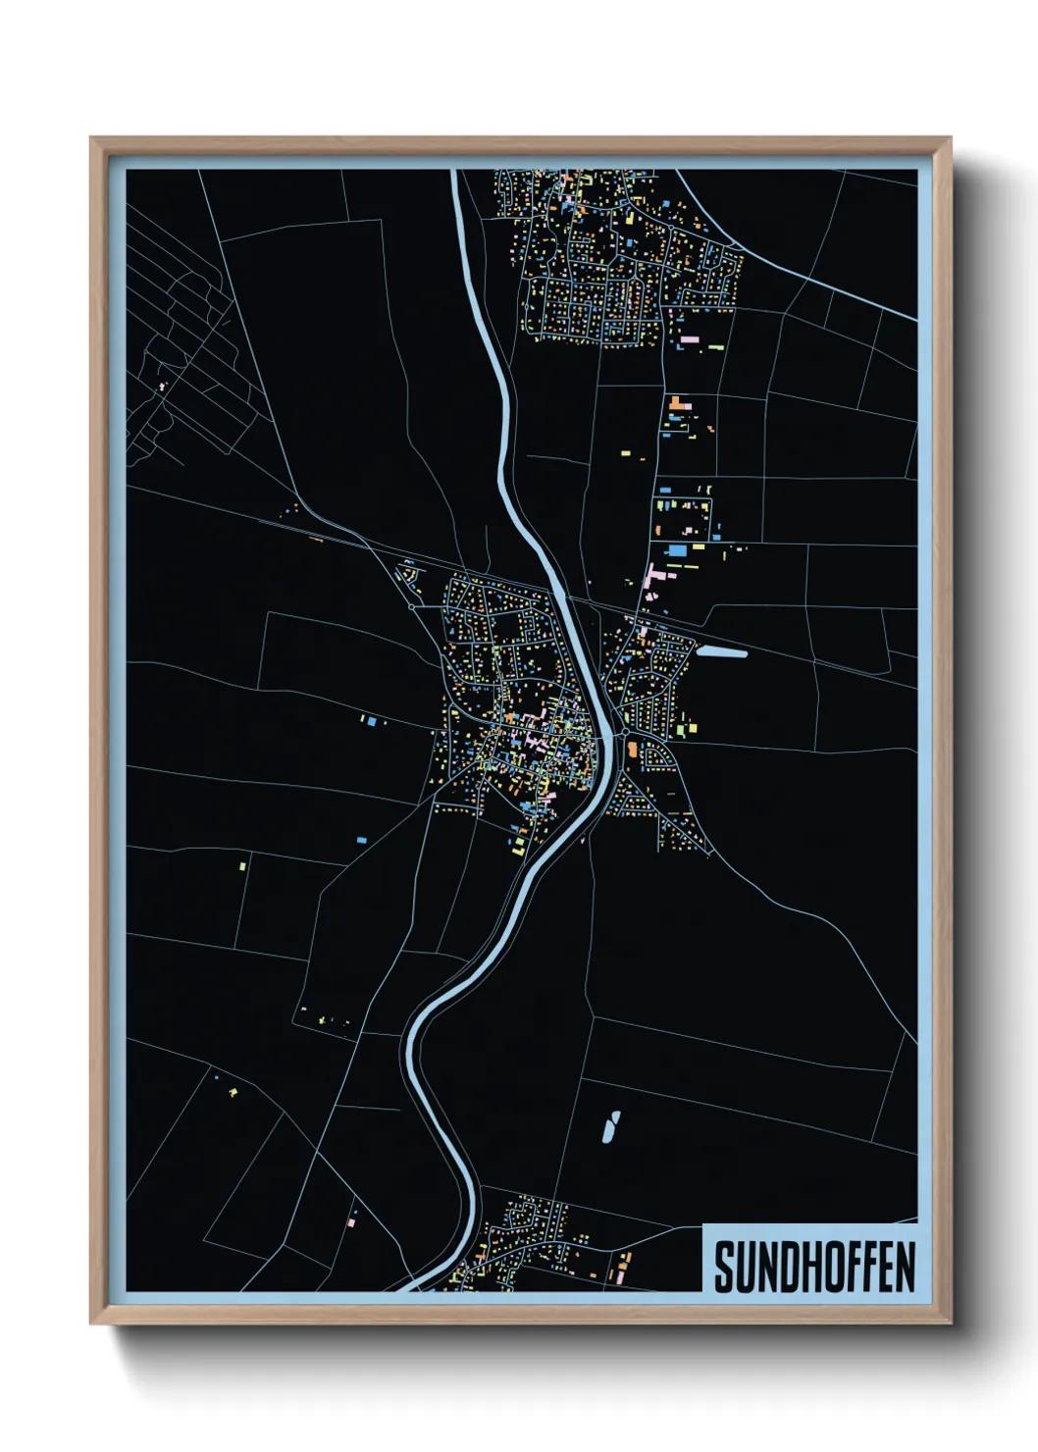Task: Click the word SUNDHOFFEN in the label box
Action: pyautogui.click(x=813, y=1267)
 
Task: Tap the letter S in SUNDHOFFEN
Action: pyautogui.click(x=724, y=1267)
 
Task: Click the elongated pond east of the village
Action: pyautogui.click(x=723, y=651)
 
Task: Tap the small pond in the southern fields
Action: pyautogui.click(x=610, y=1127)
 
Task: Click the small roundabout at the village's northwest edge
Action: pyautogui.click(x=411, y=607)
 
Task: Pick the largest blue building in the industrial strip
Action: pyautogui.click(x=677, y=551)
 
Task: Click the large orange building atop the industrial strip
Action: pyautogui.click(x=677, y=402)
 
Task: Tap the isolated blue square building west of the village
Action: pyautogui.click(x=372, y=722)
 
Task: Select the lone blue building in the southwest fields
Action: pyautogui.click(x=360, y=841)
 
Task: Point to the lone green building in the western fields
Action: pyautogui.click(x=242, y=866)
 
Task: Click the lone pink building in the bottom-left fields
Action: pyautogui.click(x=350, y=1222)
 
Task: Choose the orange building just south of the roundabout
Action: pyautogui.click(x=632, y=752)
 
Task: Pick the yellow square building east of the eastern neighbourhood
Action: pyautogui.click(x=692, y=728)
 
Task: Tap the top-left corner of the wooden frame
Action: pyautogui.click(x=91, y=139)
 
